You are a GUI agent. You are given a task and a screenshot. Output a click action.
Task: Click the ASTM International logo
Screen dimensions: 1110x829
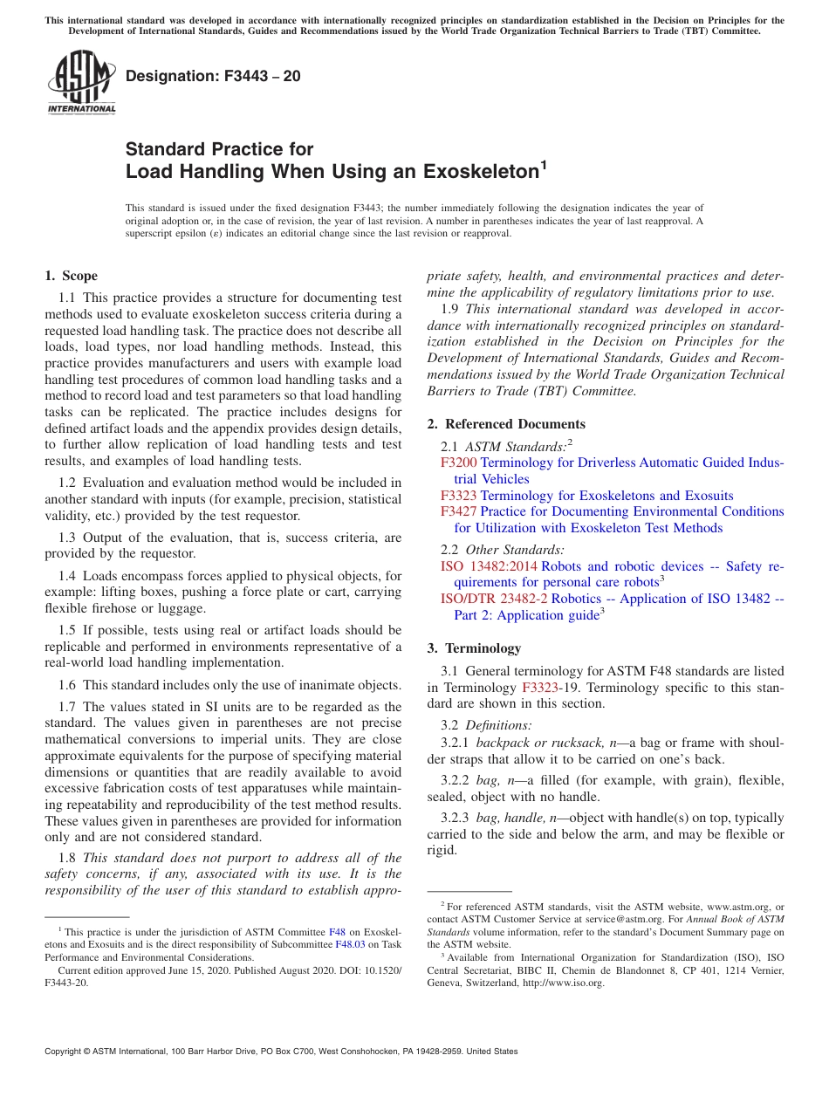(x=81, y=84)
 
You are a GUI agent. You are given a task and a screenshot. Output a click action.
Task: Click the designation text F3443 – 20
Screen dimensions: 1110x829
(x=214, y=77)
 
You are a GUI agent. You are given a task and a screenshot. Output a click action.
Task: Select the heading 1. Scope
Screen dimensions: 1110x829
(x=72, y=276)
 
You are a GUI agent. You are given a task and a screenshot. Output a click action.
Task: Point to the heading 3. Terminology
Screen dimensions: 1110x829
(x=475, y=648)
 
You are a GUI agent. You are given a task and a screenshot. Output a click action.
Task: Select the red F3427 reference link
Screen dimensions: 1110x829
(x=458, y=511)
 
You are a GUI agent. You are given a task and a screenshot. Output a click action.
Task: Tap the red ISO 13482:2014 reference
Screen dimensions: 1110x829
(x=489, y=566)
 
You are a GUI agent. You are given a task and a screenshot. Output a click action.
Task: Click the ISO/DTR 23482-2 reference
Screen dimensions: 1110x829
(x=494, y=599)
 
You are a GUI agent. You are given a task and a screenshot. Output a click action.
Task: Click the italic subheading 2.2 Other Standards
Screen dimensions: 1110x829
(x=503, y=550)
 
